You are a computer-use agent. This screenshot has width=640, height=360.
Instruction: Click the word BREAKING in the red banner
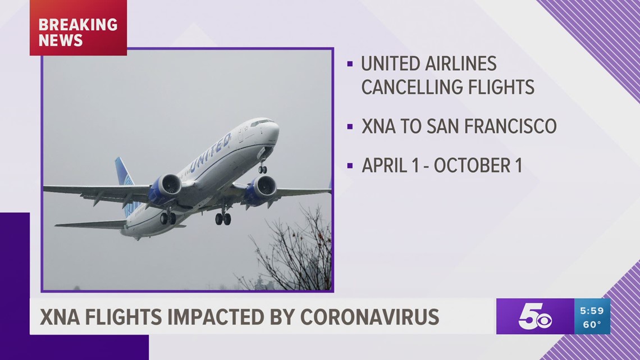[x=78, y=25]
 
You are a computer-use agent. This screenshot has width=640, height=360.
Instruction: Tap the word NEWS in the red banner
[x=61, y=40]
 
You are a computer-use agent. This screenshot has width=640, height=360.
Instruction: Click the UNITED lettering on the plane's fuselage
[x=211, y=152]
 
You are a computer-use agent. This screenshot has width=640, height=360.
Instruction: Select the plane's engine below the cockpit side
[x=260, y=189]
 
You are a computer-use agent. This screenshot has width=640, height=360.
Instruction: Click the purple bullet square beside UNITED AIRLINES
[x=350, y=64]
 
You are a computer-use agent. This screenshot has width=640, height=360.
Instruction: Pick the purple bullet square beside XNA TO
[x=350, y=127]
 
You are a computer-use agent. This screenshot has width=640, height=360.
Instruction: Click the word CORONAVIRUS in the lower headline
[x=370, y=317]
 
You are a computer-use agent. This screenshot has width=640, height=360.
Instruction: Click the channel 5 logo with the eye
[x=535, y=316]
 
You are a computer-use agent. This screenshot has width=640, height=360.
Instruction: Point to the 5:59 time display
[x=592, y=311]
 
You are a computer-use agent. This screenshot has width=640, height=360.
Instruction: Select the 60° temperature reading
[x=592, y=325]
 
